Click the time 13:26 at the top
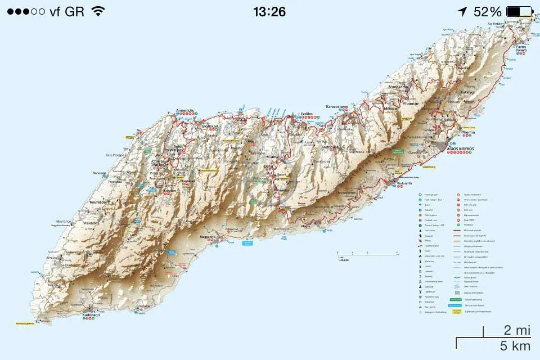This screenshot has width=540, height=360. [x=269, y=11]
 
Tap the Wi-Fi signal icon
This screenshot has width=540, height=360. [x=98, y=11]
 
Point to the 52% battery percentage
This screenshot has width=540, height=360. [x=487, y=11]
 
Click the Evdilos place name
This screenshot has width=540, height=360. [x=307, y=113]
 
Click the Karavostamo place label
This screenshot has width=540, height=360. [x=340, y=105]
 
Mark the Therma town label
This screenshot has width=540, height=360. [x=468, y=133]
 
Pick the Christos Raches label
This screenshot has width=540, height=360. [x=164, y=163]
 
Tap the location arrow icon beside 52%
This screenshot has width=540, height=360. [x=462, y=11]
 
